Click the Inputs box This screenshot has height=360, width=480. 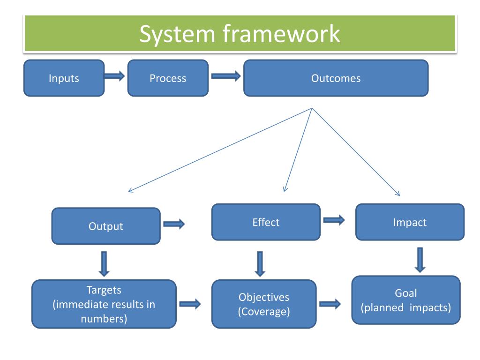click(64, 78)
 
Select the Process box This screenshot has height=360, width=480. click(168, 78)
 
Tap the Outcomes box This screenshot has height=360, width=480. click(336, 78)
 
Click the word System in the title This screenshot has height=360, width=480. click(177, 34)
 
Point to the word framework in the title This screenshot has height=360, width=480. click(281, 33)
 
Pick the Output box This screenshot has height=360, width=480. click(106, 226)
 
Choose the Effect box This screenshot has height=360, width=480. click(266, 222)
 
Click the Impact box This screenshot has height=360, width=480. click(410, 222)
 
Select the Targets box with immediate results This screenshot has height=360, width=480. click(104, 304)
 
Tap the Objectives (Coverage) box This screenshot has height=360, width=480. click(264, 304)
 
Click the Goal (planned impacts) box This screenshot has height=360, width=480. click(406, 300)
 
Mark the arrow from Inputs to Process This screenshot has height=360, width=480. click(114, 75)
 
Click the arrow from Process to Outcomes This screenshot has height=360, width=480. click(226, 76)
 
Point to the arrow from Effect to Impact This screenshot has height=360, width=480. click(334, 220)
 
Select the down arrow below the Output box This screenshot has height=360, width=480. click(104, 264)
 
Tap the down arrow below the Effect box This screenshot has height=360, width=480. click(260, 264)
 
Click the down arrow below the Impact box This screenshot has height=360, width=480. click(420, 260)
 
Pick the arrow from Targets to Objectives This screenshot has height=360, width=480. click(190, 304)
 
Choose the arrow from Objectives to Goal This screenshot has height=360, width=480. click(330, 304)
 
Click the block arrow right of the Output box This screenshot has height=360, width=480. click(174, 224)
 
